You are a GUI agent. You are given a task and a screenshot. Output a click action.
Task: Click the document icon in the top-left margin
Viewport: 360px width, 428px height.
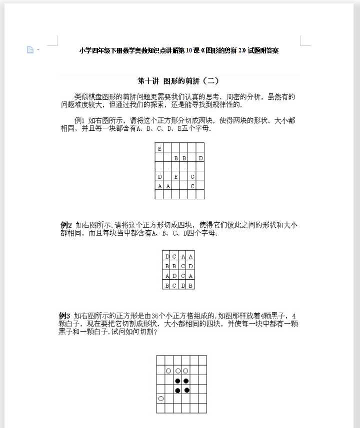[30, 49]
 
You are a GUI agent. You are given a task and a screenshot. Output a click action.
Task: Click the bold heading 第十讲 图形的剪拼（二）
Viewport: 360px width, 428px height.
[178, 81]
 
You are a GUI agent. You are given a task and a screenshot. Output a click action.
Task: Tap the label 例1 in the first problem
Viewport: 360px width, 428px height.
[79, 121]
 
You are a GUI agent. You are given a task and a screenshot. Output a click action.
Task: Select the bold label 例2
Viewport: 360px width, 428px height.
[66, 225]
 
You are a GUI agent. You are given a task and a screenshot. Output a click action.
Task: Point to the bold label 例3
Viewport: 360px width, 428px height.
[65, 316]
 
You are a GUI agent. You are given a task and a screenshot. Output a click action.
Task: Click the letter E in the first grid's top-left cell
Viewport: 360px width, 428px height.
[159, 148]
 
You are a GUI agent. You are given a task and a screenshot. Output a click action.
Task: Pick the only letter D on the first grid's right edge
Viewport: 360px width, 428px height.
[200, 158]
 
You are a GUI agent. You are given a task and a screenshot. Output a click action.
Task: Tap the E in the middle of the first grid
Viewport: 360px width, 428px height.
[175, 177]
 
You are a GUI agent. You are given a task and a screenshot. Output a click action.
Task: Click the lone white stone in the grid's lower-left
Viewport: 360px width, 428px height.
[160, 399]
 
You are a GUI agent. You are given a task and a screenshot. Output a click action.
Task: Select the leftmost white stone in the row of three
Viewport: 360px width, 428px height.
[168, 371]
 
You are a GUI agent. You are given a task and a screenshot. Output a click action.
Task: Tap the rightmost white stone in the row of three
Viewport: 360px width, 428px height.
[185, 371]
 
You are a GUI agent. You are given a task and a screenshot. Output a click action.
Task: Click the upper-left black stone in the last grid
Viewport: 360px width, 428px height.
[177, 381]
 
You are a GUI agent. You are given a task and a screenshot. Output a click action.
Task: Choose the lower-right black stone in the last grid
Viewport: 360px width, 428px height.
[186, 390]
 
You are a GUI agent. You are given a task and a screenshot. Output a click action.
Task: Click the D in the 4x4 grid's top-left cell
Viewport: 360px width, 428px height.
[167, 257]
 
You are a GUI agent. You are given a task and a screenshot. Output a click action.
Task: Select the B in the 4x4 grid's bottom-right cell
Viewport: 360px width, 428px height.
[190, 286]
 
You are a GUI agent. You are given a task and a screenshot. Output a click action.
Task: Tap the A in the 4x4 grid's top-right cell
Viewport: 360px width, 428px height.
[190, 257]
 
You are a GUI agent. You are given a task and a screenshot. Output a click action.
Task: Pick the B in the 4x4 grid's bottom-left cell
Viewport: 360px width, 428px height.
[167, 286]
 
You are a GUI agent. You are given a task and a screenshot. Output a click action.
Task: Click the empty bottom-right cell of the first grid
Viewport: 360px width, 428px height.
[200, 195]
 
